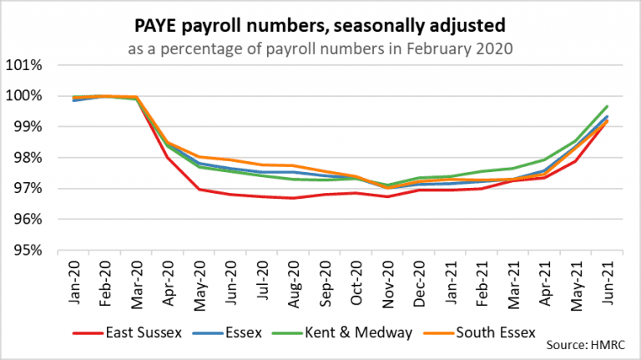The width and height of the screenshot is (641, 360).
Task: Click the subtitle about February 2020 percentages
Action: [x=320, y=47]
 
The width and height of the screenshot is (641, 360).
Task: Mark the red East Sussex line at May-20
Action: [x=199, y=190]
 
